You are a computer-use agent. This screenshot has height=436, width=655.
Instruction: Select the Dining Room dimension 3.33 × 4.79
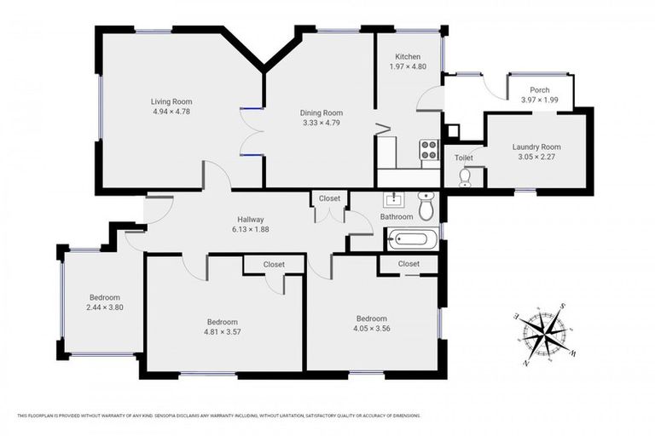321,123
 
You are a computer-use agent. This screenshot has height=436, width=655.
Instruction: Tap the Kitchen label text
407,56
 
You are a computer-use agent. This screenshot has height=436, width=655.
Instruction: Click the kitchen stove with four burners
429,150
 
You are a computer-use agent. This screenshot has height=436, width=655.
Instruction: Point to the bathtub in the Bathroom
412,239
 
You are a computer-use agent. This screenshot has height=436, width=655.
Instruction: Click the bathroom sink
394,201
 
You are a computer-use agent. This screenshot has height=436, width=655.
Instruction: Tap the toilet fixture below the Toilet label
465,176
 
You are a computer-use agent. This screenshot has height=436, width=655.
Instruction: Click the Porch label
539,89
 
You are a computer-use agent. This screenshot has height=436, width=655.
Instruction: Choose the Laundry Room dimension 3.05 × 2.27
536,157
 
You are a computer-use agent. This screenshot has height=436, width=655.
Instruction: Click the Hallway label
250,218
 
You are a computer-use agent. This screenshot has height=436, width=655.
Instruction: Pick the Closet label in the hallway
329,198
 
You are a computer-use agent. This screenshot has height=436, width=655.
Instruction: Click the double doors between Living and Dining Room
251,132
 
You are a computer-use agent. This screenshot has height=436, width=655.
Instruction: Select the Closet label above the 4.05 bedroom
409,264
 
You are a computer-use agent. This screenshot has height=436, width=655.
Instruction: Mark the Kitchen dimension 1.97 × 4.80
407,66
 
